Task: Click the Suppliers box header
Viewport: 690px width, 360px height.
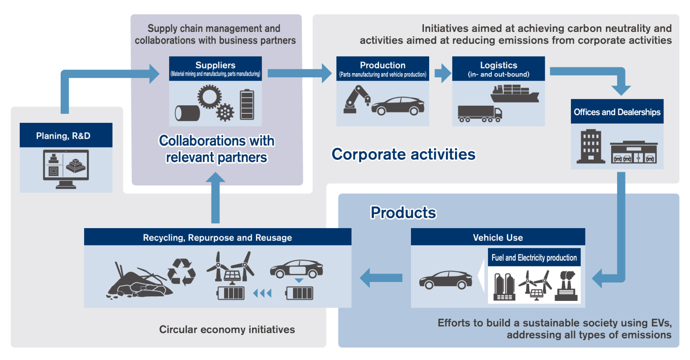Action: (215, 69)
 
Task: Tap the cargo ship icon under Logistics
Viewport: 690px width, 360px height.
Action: (514, 94)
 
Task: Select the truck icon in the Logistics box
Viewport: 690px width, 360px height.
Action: (480, 114)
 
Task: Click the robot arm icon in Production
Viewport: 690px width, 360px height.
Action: (356, 100)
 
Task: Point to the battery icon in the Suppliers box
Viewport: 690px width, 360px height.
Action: (247, 105)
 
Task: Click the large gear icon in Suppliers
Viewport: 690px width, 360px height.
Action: (209, 97)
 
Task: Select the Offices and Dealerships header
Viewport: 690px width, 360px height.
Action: (617, 112)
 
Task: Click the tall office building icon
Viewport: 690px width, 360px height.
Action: (590, 146)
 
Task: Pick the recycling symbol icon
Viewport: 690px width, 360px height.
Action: (182, 272)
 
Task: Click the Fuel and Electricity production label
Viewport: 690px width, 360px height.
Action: (534, 258)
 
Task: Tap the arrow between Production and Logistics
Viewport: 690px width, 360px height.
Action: (442, 73)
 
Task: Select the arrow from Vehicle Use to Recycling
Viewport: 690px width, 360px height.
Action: (381, 278)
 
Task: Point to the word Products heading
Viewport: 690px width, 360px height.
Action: (403, 213)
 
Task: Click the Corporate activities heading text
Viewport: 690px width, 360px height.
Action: (403, 154)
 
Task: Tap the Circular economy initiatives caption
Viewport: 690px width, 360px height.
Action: (227, 329)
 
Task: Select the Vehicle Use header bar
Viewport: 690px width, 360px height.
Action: (497, 237)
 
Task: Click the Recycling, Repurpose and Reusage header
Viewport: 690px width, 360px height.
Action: (217, 237)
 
